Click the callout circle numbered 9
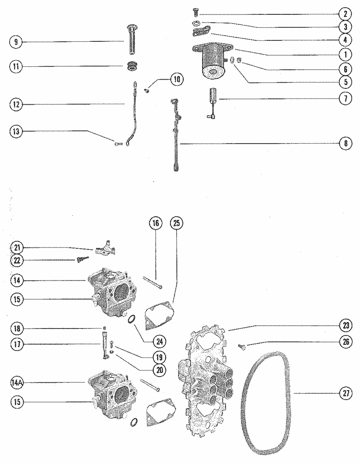point(16,42)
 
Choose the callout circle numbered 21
point(16,248)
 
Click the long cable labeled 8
point(176,139)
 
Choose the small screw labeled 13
point(118,142)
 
